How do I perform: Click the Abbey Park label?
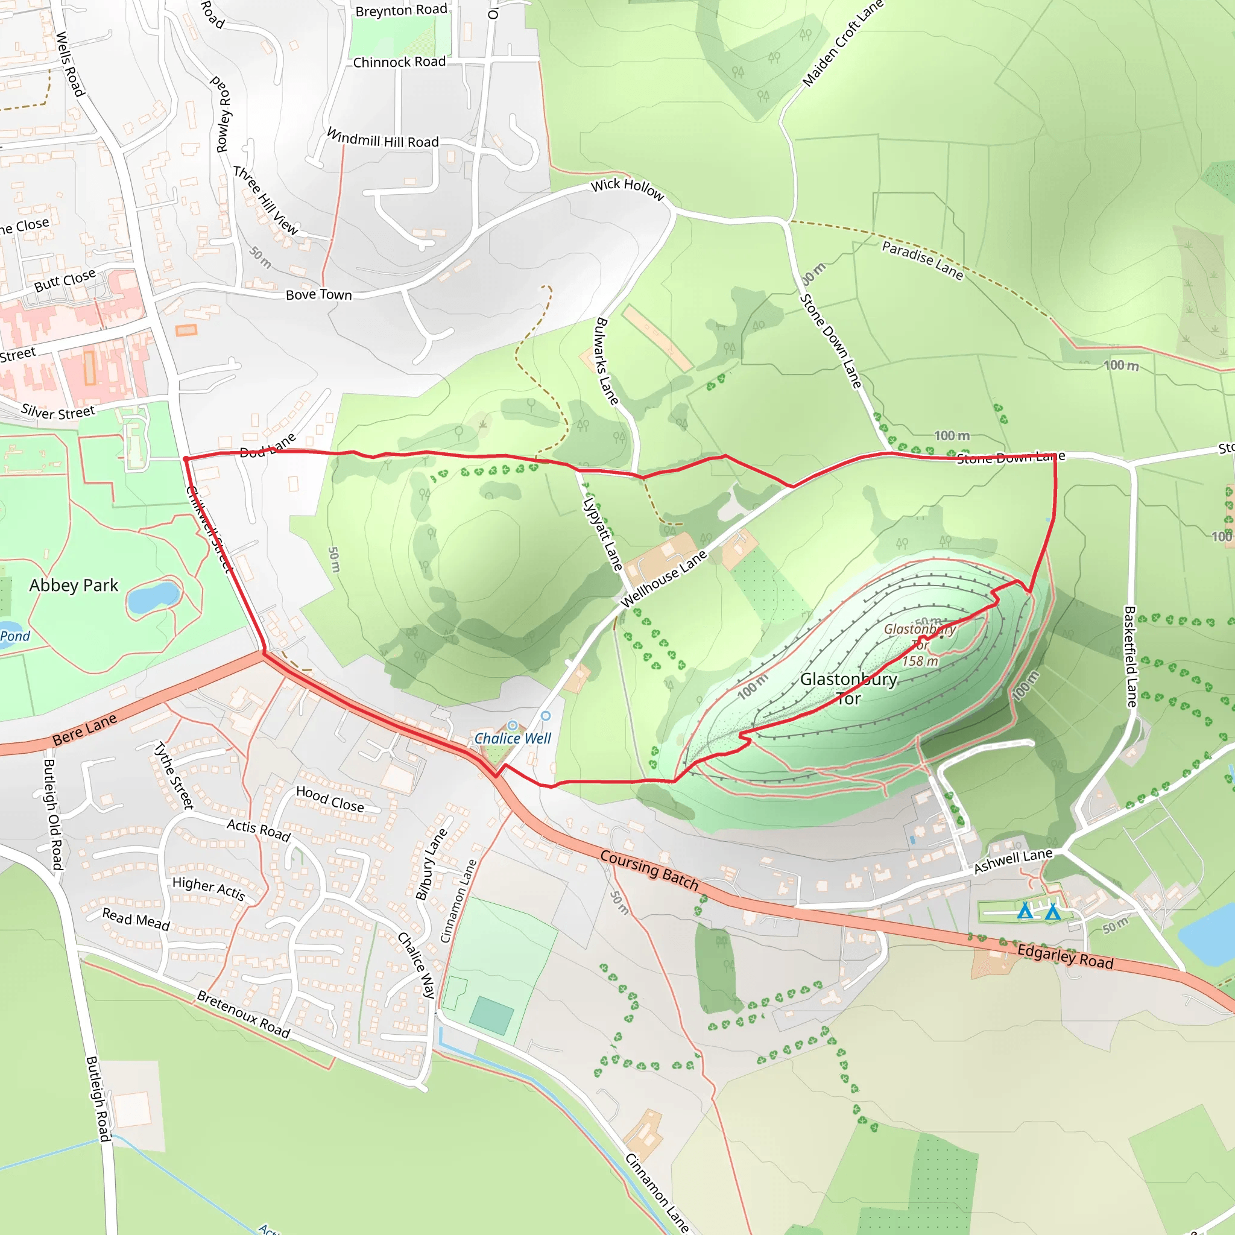(74, 586)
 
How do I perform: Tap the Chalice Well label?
(512, 738)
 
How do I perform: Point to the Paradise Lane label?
(922, 260)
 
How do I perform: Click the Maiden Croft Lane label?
(842, 43)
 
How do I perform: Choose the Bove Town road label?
(318, 295)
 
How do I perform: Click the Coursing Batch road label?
(649, 870)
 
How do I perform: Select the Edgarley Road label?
(1065, 956)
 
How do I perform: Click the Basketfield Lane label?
(1130, 657)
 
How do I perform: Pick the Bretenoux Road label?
(243, 1014)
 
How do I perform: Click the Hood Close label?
(330, 799)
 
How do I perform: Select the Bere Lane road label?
(84, 730)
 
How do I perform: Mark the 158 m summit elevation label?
(920, 662)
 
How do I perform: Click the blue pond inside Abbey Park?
(153, 596)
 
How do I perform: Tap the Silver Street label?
(57, 412)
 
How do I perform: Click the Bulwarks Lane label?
(606, 361)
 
